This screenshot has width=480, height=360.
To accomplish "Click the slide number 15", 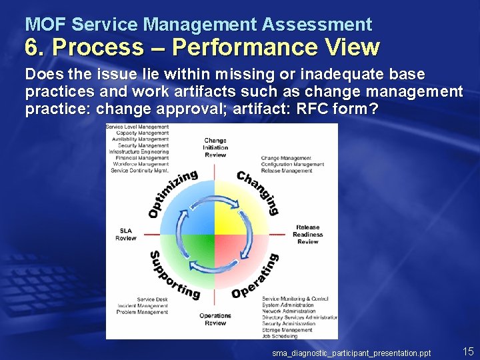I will coord(468,351).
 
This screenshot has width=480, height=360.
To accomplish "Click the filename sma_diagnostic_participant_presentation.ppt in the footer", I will coord(351,353).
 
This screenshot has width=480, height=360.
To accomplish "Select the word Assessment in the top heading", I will coord(317,25).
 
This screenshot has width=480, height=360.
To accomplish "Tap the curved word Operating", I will coord(256,276).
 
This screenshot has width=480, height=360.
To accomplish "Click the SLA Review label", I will coord(126,234).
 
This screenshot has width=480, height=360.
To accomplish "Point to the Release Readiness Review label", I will coord(307,234).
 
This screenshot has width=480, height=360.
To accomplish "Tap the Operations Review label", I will coord(215,319).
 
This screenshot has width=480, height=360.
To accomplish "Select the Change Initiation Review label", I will coord(215,147).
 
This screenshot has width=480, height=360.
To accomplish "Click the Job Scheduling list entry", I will coord(280,335).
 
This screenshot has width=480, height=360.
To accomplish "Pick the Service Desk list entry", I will coord(153,299).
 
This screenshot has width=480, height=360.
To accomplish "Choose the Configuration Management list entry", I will coord(293,164).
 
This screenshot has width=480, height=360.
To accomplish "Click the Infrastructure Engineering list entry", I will coord(139,151).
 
